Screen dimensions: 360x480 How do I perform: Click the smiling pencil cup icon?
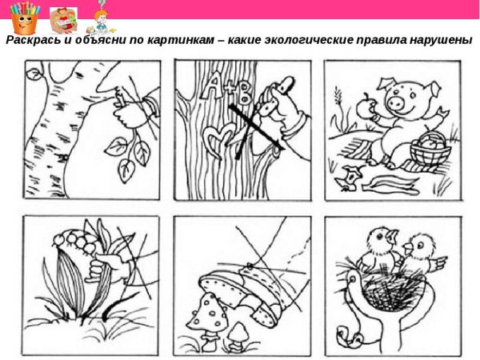tap(23, 17)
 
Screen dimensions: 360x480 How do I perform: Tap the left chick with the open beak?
tap(375, 245)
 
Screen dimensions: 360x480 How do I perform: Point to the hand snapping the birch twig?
tap(129, 112)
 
